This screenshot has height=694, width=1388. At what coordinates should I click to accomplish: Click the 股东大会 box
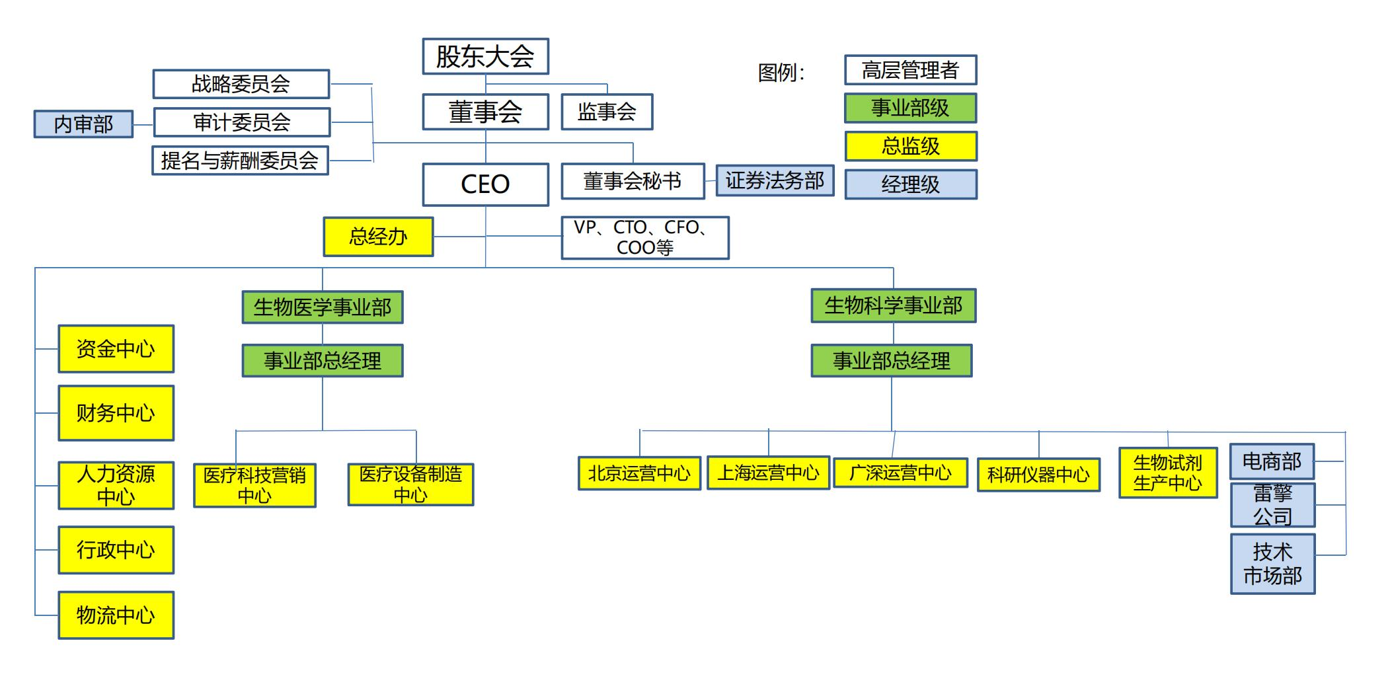coord(485,56)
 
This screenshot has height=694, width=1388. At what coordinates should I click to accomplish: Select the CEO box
coord(485,184)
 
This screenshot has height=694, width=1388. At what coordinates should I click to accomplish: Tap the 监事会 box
coord(607,112)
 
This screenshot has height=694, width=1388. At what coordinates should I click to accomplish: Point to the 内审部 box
coord(83,124)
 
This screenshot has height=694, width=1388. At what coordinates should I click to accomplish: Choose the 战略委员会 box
coord(241,84)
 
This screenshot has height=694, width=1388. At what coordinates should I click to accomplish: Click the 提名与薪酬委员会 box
coord(240,160)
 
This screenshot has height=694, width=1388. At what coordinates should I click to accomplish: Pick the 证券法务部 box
coord(775,180)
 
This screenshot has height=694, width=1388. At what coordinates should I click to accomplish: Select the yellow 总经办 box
coord(378,237)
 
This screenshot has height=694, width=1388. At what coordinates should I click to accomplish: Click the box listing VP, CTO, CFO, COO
coord(644,237)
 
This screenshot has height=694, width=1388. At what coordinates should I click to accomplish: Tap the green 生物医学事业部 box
coord(323,307)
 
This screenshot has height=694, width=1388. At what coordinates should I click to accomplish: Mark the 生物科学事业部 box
coord(893,305)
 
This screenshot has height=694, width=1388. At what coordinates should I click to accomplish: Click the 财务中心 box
coord(116,413)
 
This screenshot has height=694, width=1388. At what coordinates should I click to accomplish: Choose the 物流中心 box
coord(116,615)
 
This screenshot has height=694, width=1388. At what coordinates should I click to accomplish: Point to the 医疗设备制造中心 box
coord(410,484)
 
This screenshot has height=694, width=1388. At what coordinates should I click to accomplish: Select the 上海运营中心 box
coord(768,473)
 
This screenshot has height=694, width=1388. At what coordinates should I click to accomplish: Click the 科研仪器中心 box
coord(1038,475)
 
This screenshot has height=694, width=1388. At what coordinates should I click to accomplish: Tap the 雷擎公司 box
coord(1272,505)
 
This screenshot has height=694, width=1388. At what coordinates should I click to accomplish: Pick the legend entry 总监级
coord(910,146)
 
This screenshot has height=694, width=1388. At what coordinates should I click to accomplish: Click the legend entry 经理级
coord(910,184)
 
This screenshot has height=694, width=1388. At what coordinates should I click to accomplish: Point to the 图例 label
coord(781,72)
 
